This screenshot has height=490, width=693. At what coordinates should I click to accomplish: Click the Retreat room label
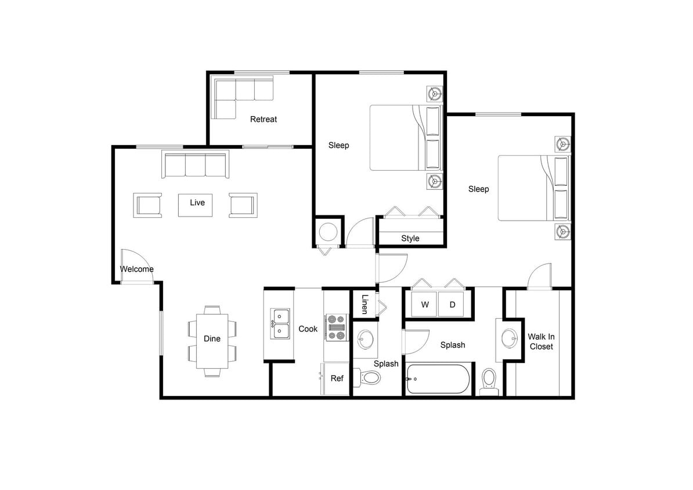tap(264, 119)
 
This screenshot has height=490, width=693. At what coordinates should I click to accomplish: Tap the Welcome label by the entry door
tap(137, 269)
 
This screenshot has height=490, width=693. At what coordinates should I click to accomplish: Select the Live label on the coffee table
tap(197, 203)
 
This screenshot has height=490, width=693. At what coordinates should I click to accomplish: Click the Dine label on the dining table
tap(212, 338)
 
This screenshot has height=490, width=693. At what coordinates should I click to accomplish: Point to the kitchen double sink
tap(280, 324)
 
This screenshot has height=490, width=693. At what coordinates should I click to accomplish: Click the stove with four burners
tap(336, 327)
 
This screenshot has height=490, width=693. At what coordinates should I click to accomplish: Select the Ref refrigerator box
tap(337, 379)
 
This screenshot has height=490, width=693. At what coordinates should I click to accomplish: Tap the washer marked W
tap(424, 305)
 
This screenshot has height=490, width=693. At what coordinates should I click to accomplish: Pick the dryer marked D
tap(452, 305)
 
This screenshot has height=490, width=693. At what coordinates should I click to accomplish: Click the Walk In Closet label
tap(540, 341)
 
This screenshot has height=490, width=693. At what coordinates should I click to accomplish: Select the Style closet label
tap(410, 238)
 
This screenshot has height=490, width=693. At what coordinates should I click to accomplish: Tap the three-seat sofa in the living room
tap(195, 165)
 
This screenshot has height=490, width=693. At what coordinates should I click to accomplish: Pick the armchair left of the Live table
tap(149, 206)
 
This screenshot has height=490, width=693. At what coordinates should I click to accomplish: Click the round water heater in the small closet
tap(328, 232)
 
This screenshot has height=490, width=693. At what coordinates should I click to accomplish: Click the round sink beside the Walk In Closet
tap(509, 337)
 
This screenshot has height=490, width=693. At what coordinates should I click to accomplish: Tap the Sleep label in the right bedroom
tap(478, 189)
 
